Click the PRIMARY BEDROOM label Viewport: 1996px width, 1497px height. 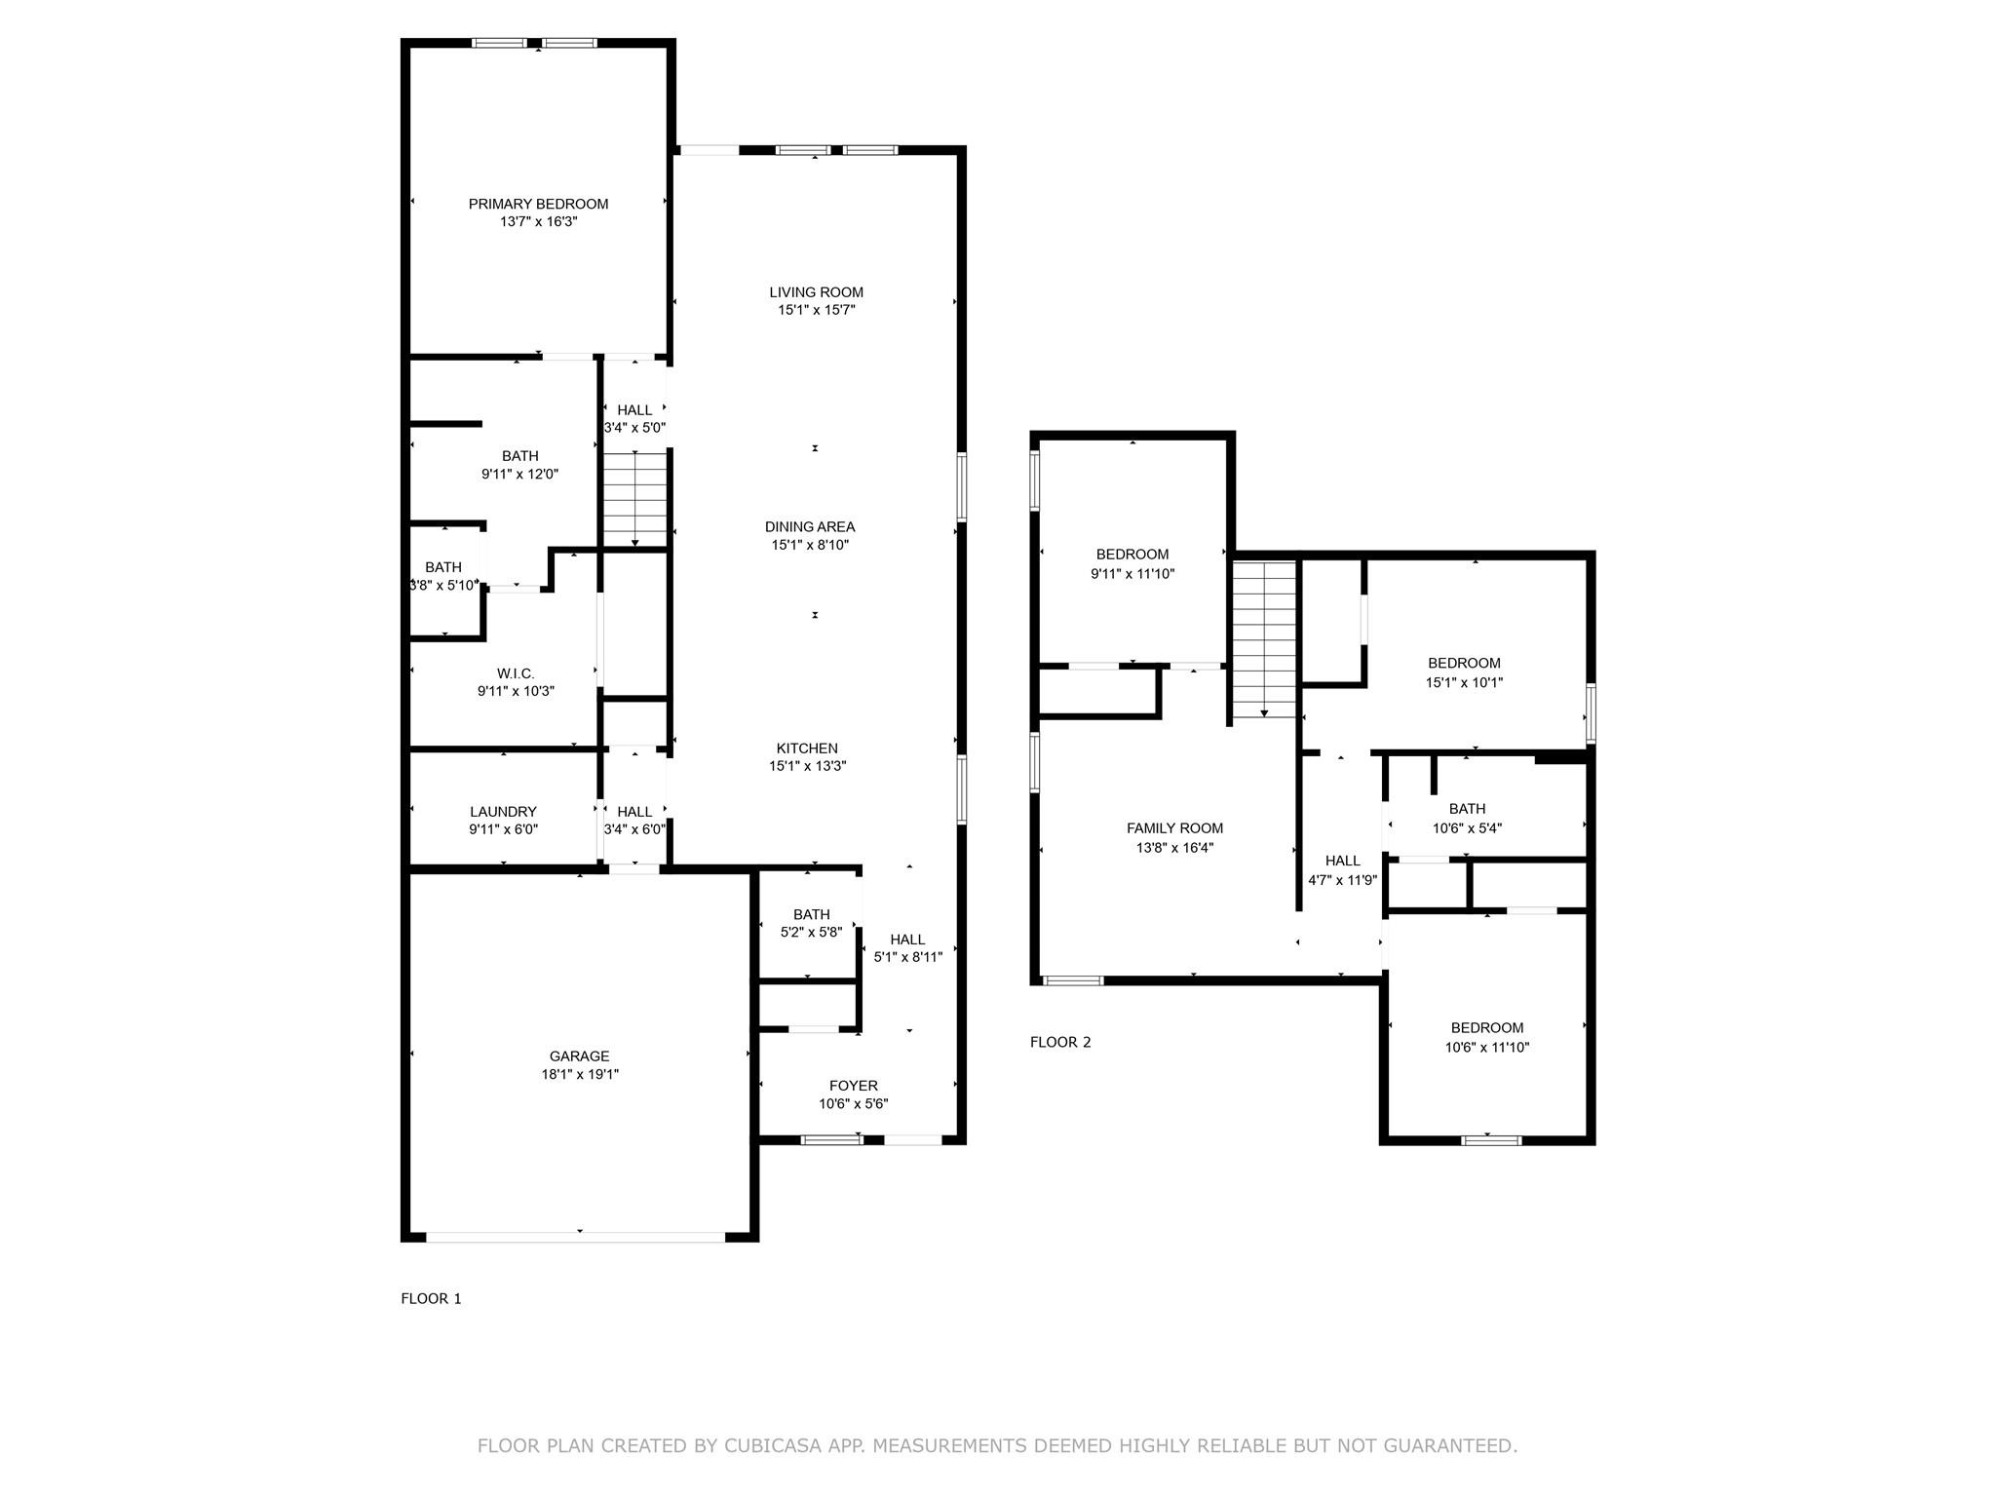tap(538, 204)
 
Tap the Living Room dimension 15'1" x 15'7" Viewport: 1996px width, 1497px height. tap(816, 310)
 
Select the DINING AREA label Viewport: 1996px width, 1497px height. tap(809, 527)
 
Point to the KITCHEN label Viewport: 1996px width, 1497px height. tap(806, 748)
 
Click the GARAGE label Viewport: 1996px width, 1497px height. tap(579, 1056)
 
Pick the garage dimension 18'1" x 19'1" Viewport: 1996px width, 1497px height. tap(580, 1074)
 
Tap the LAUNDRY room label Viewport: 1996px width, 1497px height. tap(503, 812)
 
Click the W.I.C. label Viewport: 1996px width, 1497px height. tap(515, 673)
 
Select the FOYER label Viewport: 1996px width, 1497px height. tap(853, 1086)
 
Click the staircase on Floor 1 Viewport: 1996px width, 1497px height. tap(634, 498)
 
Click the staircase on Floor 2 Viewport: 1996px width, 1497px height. tap(1264, 638)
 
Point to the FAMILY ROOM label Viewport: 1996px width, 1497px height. tap(1174, 828)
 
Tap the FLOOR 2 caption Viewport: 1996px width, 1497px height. tap(1060, 1042)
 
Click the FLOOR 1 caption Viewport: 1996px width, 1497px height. tap(431, 1298)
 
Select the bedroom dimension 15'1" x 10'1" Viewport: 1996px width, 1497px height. tap(1464, 682)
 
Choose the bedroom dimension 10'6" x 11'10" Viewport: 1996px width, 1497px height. tap(1486, 1047)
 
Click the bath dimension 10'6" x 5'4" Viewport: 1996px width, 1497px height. tap(1467, 827)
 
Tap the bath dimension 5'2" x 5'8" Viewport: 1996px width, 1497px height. tap(811, 932)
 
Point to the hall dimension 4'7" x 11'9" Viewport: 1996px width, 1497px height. tap(1342, 879)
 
